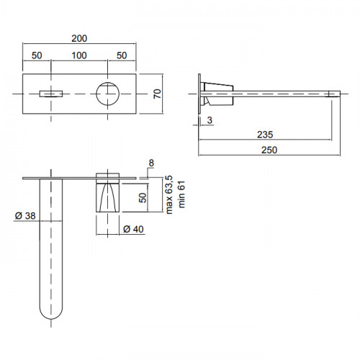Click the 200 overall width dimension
[79, 38]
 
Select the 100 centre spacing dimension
[79, 55]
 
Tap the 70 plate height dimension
[157, 94]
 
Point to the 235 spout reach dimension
[265, 135]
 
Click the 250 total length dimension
[269, 150]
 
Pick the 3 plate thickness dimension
[210, 120]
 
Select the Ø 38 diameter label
[25, 216]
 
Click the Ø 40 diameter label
[133, 229]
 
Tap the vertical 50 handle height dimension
[143, 198]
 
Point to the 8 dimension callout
[151, 163]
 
